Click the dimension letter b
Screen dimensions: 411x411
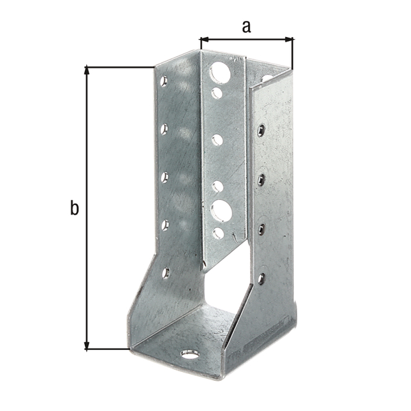point(74,208)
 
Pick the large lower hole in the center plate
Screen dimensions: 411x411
point(221,209)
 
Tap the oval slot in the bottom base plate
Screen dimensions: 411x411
point(188,354)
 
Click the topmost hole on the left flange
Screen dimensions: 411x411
point(164,82)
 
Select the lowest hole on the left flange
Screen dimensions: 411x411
point(166,273)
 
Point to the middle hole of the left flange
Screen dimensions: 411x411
point(164,177)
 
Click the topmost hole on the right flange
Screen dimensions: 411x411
point(261,129)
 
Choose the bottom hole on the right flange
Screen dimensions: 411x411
point(261,277)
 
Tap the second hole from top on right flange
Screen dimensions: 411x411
point(261,179)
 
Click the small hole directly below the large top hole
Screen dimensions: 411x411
point(217,92)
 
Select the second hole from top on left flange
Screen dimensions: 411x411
point(164,128)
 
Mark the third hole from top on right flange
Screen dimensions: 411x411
point(261,229)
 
